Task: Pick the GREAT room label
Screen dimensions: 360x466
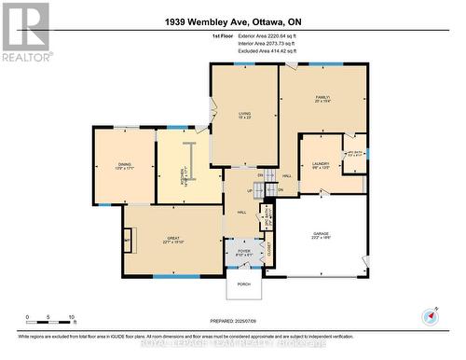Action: tap(172, 237)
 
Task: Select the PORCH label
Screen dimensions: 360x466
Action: tap(243, 284)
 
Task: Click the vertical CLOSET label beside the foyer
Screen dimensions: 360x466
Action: tap(269, 248)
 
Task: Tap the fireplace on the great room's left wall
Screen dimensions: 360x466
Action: tap(130, 241)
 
